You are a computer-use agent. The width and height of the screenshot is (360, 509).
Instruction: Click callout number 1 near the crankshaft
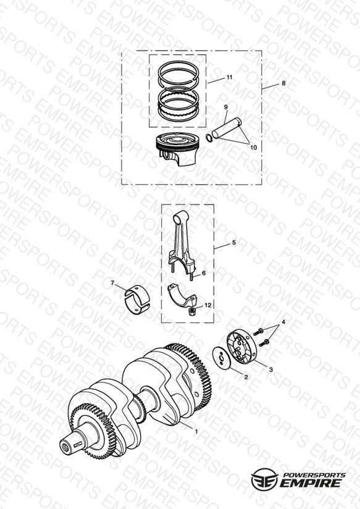pyautogui.click(x=196, y=431)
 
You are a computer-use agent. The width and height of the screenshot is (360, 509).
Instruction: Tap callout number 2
pyautogui.click(x=246, y=377)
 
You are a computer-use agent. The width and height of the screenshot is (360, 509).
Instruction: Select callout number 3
pyautogui.click(x=271, y=369)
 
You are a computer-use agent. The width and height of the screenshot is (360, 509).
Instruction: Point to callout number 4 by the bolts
pyautogui.click(x=283, y=322)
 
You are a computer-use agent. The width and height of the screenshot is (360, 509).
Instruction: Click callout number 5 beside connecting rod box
pyautogui.click(x=234, y=243)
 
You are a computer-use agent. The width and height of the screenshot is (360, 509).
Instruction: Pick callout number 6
pyautogui.click(x=204, y=273)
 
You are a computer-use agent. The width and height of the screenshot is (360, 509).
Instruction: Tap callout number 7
pyautogui.click(x=112, y=283)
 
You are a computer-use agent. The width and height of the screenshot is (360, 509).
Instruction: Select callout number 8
pyautogui.click(x=283, y=83)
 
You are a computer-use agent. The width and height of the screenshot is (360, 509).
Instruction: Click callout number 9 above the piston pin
pyautogui.click(x=226, y=107)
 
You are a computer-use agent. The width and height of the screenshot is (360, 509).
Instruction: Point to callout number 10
pyautogui.click(x=254, y=148)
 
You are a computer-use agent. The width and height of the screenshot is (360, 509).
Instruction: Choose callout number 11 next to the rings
pyautogui.click(x=230, y=77)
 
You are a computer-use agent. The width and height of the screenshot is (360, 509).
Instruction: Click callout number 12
pyautogui.click(x=207, y=305)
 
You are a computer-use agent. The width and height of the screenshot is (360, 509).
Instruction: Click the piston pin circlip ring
pyautogui.click(x=209, y=137)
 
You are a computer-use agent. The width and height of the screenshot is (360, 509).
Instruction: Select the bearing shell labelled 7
pyautogui.click(x=137, y=300)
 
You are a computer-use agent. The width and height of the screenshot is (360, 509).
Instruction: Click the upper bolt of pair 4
pyautogui.click(x=259, y=332)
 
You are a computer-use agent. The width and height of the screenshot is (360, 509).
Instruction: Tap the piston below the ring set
pyautogui.click(x=177, y=149)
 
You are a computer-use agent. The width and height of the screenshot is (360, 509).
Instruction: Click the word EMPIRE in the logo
pyautogui.click(x=311, y=482)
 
